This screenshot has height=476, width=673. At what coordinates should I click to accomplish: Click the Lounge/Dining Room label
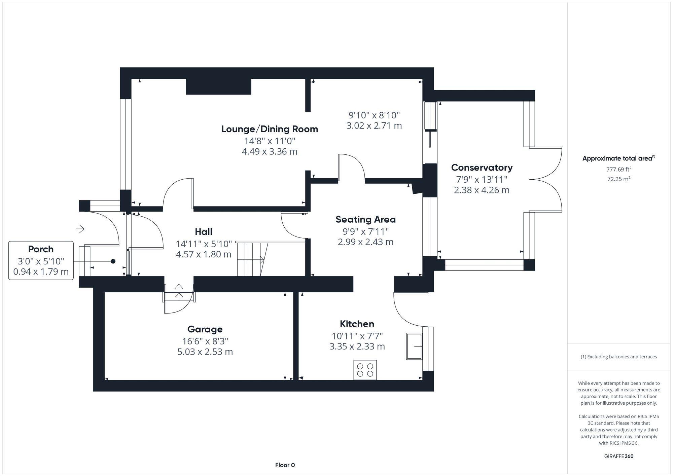tap(270, 129)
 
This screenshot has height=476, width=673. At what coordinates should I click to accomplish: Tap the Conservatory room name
tap(482, 168)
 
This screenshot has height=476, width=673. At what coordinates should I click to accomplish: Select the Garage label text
tap(205, 329)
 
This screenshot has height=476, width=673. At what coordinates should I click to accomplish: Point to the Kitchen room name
tap(357, 324)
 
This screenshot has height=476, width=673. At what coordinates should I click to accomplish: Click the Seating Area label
tap(365, 220)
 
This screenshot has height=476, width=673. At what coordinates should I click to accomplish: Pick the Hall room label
tap(204, 232)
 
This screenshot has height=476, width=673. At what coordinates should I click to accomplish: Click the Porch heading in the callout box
tap(41, 249)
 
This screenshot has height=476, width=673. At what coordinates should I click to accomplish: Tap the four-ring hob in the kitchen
tap(365, 370)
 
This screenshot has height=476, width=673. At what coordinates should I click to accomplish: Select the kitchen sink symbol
tap(414, 346)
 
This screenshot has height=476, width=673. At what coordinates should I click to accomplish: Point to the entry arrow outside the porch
tap(80, 229)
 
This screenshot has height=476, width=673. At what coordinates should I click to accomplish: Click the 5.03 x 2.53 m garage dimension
tap(205, 352)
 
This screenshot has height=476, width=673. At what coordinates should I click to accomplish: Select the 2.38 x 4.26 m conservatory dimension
tap(482, 190)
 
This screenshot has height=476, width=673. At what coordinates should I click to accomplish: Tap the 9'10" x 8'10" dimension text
tap(374, 115)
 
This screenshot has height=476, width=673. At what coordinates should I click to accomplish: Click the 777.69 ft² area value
tap(618, 170)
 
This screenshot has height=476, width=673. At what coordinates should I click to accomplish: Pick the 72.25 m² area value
tap(618, 179)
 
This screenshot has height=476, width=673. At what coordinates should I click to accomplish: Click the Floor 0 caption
tap(285, 465)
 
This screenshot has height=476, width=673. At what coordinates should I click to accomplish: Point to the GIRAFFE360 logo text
tap(618, 456)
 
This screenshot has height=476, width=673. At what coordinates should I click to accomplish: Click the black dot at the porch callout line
tap(113, 261)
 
